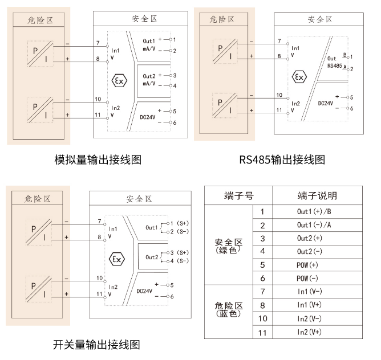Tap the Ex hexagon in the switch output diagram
point(117,259)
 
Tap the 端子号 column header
point(238,196)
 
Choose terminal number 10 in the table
point(262,318)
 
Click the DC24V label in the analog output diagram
point(149,116)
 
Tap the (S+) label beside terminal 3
point(183,252)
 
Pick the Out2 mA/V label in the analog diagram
point(149,80)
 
